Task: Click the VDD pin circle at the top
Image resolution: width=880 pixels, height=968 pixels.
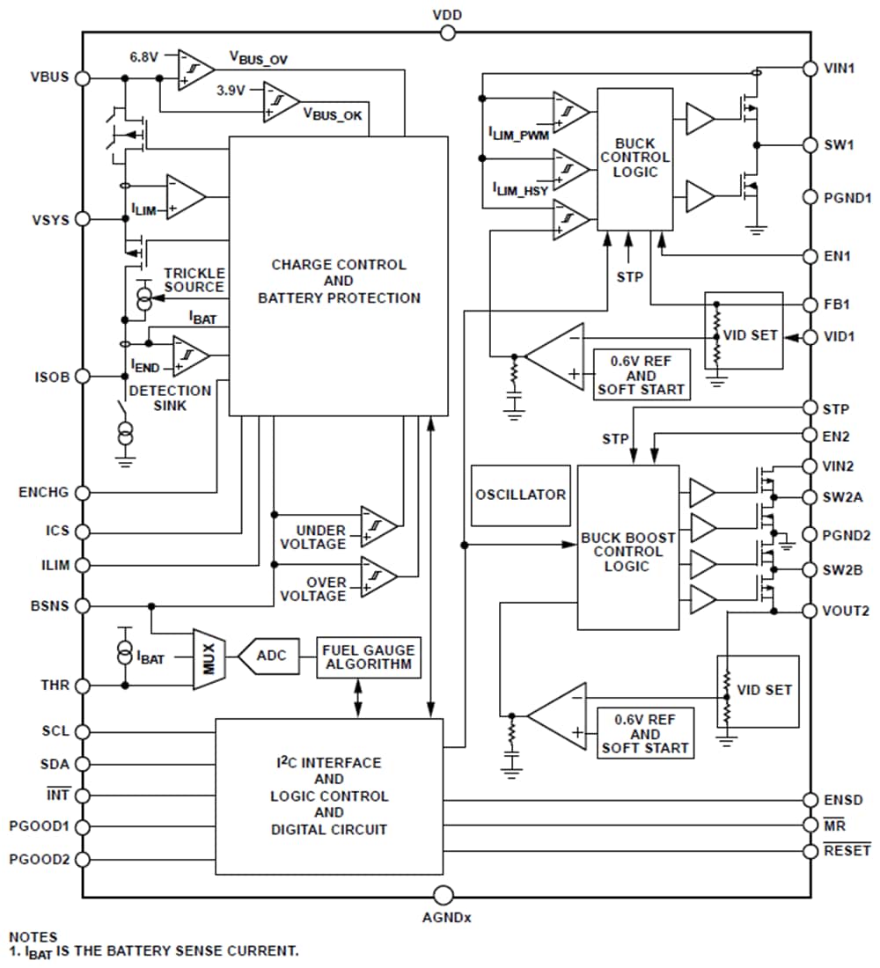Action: (447, 33)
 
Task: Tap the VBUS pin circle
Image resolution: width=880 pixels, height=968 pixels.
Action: (83, 77)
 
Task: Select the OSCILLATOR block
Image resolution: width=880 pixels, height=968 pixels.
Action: (520, 495)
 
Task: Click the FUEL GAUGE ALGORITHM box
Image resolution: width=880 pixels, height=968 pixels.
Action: (369, 657)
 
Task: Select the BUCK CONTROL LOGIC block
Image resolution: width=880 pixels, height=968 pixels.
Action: (634, 158)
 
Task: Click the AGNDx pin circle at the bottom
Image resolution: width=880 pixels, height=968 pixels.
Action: (447, 897)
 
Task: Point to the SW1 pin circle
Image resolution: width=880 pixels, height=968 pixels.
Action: (810, 144)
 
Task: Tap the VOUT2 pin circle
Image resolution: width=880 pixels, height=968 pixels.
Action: (810, 611)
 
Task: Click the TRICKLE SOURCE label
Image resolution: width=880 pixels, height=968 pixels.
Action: (194, 280)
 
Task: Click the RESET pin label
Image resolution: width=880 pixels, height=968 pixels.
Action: (847, 850)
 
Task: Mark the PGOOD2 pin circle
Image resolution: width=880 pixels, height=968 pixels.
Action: (83, 859)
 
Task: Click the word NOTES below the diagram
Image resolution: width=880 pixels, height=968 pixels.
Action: (33, 937)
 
